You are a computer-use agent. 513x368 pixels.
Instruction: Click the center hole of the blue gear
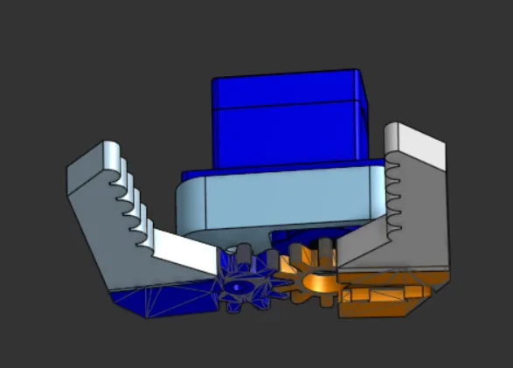point(238,286)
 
